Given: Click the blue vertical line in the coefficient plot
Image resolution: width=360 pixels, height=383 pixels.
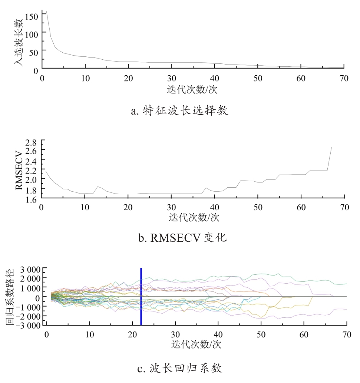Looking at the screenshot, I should click(141, 297).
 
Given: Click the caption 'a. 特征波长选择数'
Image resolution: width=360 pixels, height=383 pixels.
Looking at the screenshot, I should click(179, 111).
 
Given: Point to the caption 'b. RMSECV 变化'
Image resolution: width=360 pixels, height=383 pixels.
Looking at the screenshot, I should click(182, 238).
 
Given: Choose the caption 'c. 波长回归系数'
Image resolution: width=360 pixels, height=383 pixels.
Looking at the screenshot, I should click(180, 369).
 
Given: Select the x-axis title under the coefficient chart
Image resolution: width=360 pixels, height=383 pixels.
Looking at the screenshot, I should click(196, 344).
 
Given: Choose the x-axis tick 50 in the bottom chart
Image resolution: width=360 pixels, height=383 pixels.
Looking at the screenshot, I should click(261, 334).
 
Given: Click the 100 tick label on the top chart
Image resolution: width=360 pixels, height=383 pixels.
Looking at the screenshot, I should click(32, 34).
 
